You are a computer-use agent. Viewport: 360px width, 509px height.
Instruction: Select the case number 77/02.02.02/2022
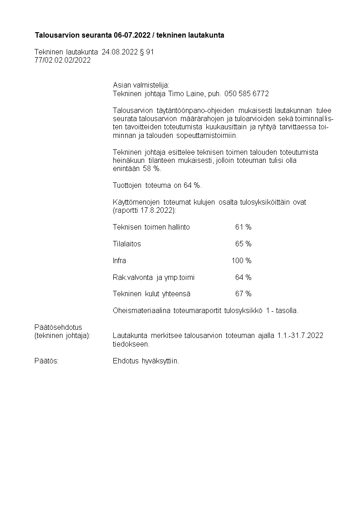pos(63,60)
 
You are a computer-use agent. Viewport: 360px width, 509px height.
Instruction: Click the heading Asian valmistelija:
pos(141,85)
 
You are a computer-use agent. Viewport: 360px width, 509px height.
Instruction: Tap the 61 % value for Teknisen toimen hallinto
pos(243,227)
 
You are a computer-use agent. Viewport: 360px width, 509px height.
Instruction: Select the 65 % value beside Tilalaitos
pos(243,244)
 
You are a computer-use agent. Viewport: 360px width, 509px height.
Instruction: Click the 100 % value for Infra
pos(241,261)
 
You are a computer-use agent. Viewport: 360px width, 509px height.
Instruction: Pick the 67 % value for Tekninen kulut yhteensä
pos(243,294)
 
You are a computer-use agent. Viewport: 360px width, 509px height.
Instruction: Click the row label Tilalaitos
pos(126,244)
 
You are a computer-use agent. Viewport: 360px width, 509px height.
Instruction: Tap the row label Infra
pos(119,261)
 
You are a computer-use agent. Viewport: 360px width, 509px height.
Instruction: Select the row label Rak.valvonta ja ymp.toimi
pos(154,277)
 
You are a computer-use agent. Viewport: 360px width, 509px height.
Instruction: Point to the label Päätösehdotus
pos(58,327)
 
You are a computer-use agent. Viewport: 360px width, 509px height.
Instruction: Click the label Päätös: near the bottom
pos(46,361)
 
